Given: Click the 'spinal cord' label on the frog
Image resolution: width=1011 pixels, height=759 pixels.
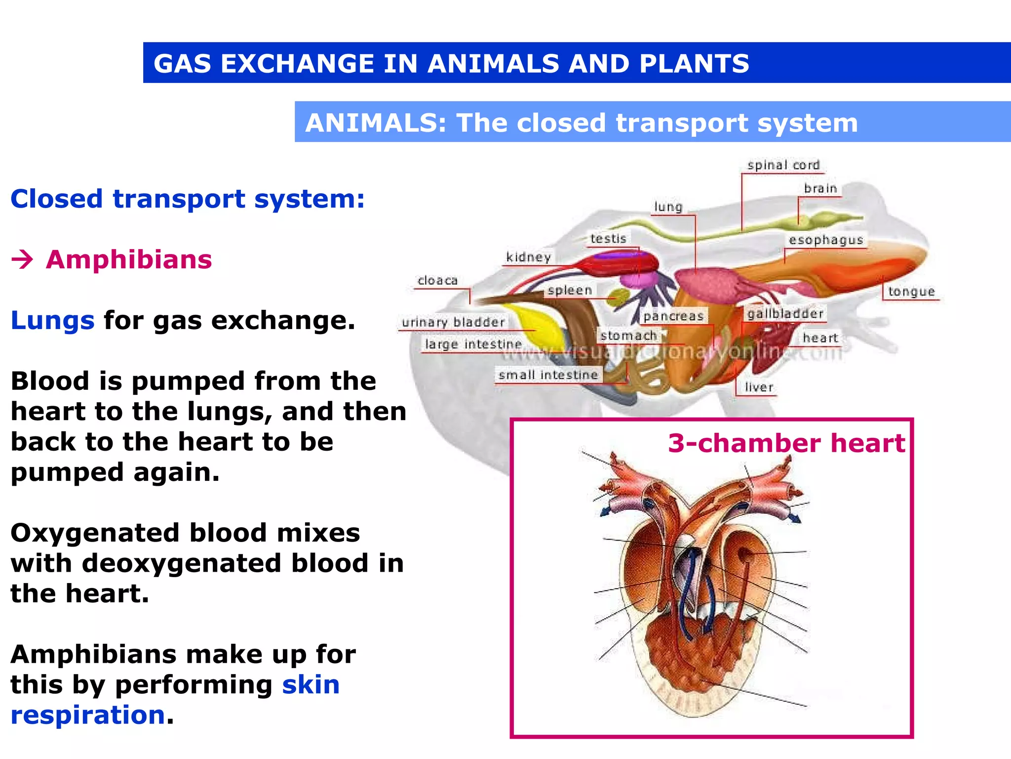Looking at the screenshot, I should (x=783, y=165).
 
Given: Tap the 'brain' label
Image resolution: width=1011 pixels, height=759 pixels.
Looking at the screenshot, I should (x=820, y=188).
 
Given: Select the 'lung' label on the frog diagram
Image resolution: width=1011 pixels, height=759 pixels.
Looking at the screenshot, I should (x=668, y=207).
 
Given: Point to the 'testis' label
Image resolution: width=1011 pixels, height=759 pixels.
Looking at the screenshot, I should (x=608, y=239).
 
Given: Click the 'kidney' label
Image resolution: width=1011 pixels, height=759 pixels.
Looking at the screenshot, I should (x=528, y=257).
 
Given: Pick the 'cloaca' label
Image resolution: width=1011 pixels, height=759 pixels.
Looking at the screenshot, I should (x=437, y=281).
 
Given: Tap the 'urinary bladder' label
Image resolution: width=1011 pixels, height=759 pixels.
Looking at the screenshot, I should (x=453, y=322).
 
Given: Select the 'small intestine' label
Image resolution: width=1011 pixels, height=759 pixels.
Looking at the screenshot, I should (x=548, y=375).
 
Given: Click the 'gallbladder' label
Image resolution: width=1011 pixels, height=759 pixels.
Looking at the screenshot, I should (x=785, y=314).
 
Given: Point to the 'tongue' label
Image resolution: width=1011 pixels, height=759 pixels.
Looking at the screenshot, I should (x=911, y=292).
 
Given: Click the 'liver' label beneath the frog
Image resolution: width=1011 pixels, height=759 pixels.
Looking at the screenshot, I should (x=759, y=387).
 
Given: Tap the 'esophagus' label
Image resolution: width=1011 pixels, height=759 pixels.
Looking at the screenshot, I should (x=826, y=240).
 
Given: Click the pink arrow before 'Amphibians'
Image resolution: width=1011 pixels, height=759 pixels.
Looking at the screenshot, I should (x=22, y=259).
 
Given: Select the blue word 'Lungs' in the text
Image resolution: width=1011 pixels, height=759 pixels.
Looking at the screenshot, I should (x=52, y=320).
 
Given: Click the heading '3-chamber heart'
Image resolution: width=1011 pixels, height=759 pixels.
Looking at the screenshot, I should (x=786, y=443).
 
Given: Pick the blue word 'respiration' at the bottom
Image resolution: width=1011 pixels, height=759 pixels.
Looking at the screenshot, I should (x=88, y=715).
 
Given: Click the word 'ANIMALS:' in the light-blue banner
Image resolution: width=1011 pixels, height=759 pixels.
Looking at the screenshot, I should (x=376, y=123).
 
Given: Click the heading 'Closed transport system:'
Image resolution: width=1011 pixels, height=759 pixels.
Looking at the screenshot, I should (x=188, y=199).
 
